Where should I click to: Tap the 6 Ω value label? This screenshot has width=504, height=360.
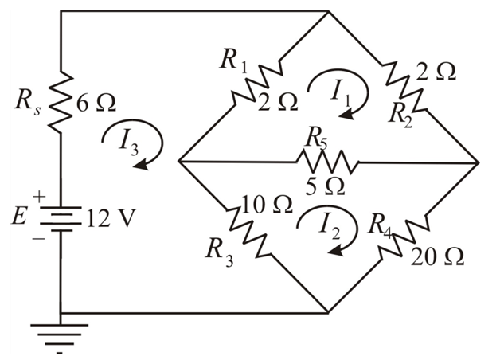(x=97, y=103)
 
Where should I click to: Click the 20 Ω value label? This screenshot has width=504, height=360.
(x=439, y=256)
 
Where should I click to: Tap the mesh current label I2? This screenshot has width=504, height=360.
(x=329, y=229)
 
